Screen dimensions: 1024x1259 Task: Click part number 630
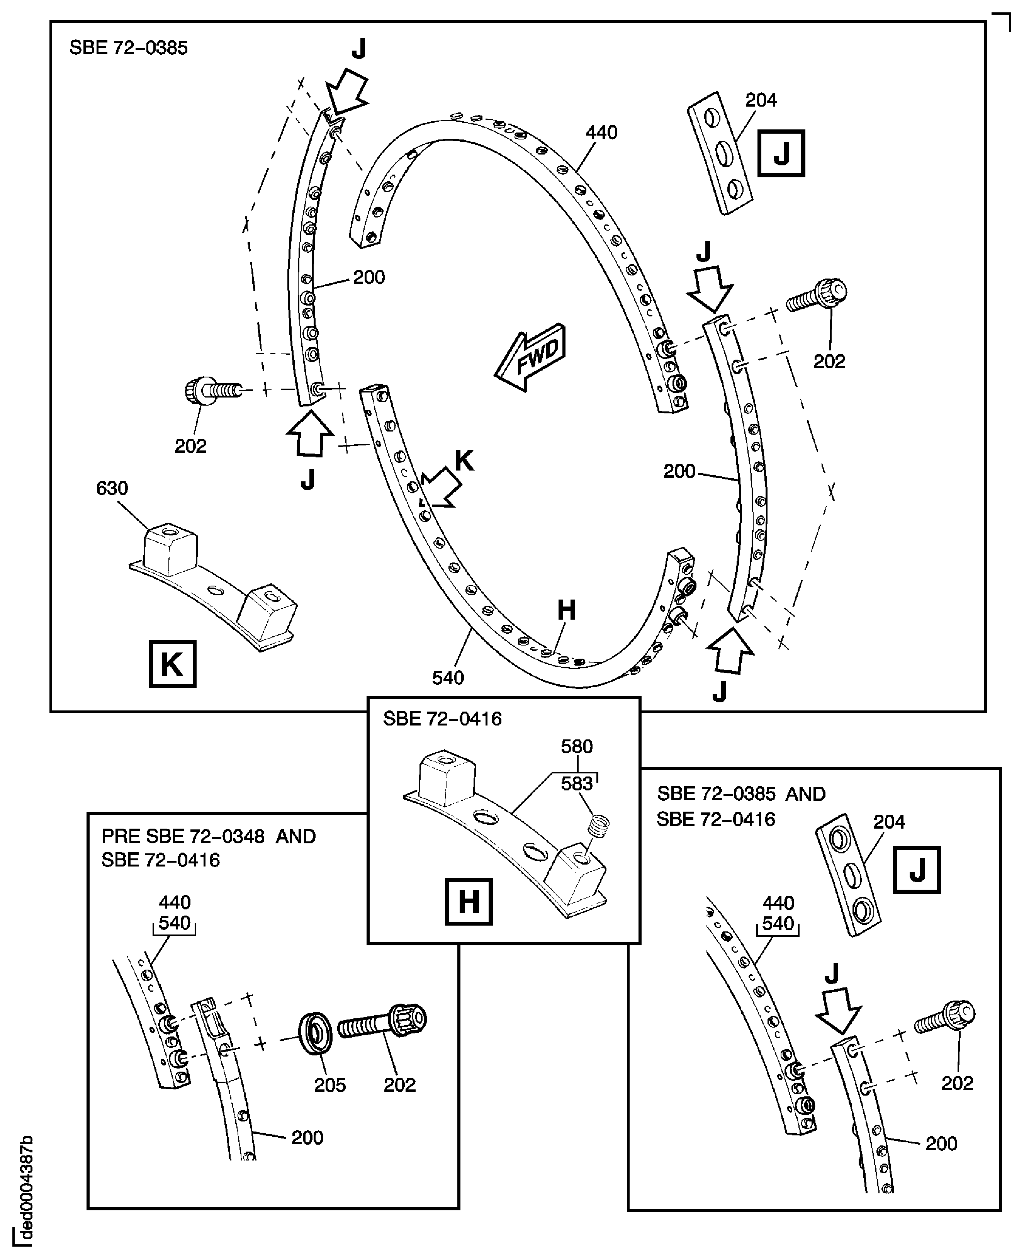click(112, 489)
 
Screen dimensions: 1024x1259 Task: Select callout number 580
click(576, 747)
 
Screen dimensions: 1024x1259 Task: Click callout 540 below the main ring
click(448, 678)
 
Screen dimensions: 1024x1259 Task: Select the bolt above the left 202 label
click(211, 389)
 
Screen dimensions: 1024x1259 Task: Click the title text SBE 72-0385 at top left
click(129, 48)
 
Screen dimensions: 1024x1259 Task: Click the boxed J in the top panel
click(781, 153)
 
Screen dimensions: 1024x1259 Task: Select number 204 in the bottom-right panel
click(889, 822)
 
